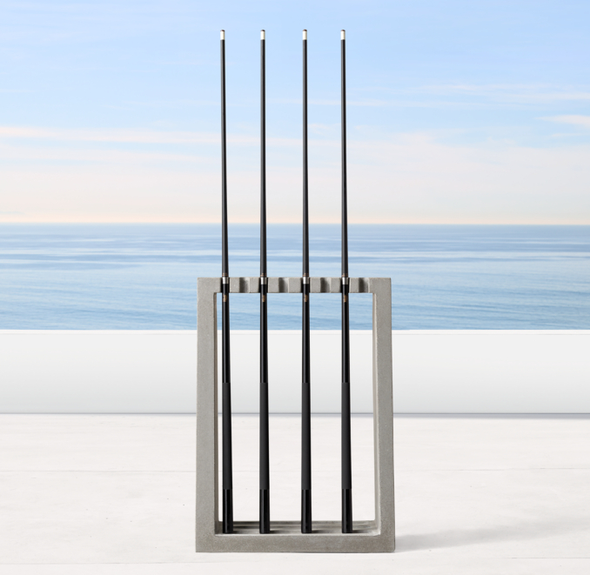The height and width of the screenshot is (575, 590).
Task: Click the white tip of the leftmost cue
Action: [x=223, y=35]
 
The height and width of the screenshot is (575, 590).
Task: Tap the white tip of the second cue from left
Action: [x=263, y=35]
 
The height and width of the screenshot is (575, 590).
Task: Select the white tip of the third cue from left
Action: [x=305, y=35]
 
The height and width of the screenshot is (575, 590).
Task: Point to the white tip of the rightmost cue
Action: [x=343, y=35]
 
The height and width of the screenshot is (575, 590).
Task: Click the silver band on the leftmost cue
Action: [x=225, y=281]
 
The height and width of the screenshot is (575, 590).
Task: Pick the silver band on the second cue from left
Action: [x=264, y=281]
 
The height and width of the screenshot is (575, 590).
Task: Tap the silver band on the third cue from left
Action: [x=305, y=281]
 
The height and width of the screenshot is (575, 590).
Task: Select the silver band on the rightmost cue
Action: [x=345, y=281]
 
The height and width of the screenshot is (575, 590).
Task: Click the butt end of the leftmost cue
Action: [x=227, y=522]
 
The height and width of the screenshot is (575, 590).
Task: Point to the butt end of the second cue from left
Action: [x=265, y=522]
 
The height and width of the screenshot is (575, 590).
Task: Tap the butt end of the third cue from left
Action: [x=306, y=522]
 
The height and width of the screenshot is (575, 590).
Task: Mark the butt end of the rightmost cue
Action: [x=347, y=522]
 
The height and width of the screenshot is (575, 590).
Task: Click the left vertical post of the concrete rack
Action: [x=205, y=409]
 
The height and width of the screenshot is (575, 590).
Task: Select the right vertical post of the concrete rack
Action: [x=384, y=409]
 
